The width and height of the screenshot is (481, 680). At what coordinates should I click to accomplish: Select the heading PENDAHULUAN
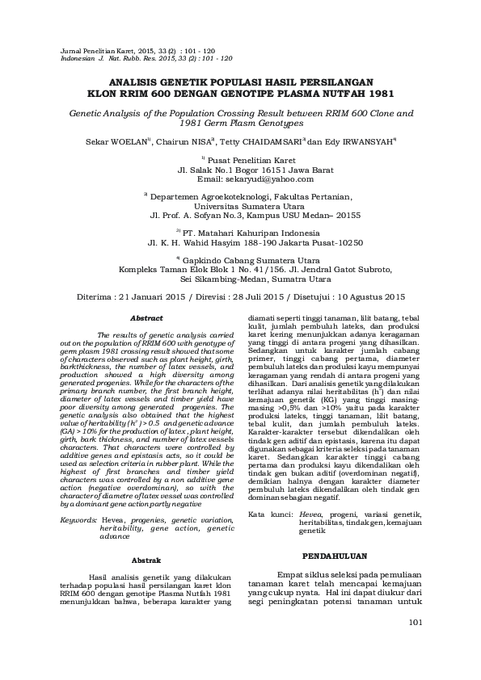pos(334,556)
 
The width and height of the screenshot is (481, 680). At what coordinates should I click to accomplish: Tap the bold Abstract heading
pos(146,318)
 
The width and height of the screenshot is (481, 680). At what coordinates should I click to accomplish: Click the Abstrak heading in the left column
pos(146,560)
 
